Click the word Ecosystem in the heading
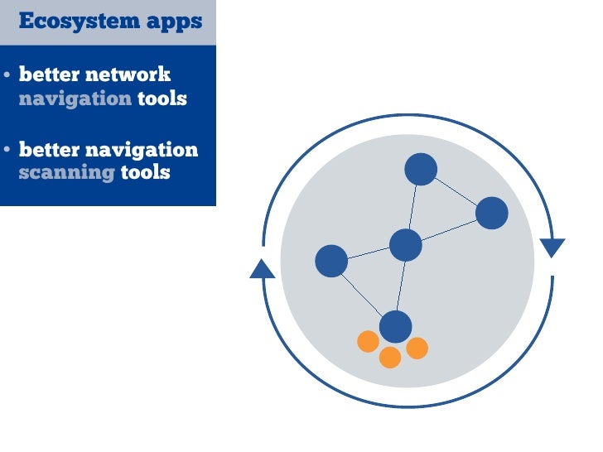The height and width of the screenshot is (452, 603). (67, 21)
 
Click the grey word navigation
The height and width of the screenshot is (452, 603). (75, 99)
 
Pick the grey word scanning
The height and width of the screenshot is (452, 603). (66, 173)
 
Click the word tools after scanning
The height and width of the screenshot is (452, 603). (145, 173)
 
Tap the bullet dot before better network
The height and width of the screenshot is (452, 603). (7, 75)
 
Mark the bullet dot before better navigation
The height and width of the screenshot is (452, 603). (7, 151)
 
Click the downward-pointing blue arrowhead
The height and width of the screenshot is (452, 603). (552, 247)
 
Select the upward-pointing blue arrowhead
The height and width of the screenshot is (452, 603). (263, 268)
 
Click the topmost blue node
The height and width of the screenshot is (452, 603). (421, 169)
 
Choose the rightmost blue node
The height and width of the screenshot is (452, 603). (491, 213)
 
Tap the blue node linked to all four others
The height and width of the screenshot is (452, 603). (406, 245)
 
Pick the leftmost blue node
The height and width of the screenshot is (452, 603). (331, 261)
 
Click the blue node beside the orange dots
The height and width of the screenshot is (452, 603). (396, 326)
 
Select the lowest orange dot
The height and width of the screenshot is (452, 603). (390, 358)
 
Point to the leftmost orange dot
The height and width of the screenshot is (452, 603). (368, 341)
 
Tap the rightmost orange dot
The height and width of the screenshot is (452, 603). (417, 349)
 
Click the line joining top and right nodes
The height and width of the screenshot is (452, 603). (456, 191)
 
